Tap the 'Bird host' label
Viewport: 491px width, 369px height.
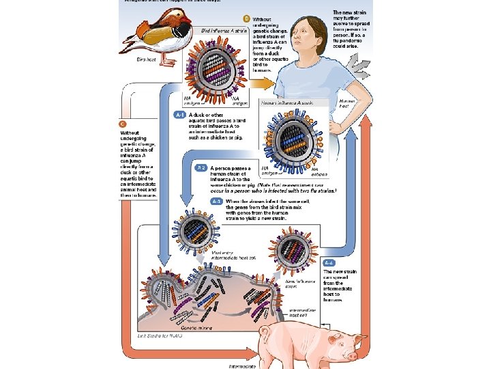(147, 60)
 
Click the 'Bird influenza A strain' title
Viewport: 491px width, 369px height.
(224, 31)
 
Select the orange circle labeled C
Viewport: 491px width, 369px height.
(122, 124)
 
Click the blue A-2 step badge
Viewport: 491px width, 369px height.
(201, 167)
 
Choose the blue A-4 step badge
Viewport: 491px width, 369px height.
(329, 262)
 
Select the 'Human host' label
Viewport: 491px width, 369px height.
(347, 103)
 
